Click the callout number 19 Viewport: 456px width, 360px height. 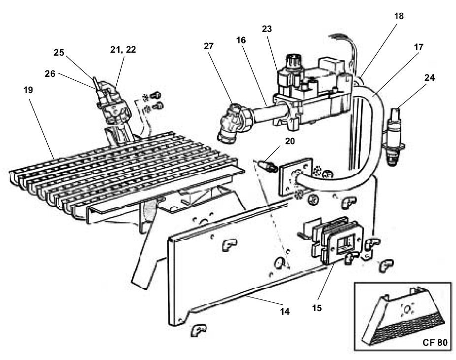coord(28,90)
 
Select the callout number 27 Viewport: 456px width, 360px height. coord(208,46)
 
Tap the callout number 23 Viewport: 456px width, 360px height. coord(267,29)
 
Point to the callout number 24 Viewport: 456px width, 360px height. coord(429,78)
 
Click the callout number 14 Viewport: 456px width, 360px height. coord(285,311)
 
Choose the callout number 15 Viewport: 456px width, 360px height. coord(317,308)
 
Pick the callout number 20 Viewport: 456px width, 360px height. coord(290,141)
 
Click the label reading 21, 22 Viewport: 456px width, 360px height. coord(123,50)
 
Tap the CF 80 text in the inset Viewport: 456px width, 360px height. coord(435,342)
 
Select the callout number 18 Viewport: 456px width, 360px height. coord(399,16)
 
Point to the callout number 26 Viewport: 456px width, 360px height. coord(50,73)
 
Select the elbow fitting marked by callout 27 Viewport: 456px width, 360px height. coord(233,125)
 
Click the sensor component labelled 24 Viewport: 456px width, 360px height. coord(394,137)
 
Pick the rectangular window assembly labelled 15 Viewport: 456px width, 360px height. coord(337,240)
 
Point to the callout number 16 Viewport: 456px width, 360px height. coord(241,40)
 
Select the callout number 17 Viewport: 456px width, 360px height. coord(418,47)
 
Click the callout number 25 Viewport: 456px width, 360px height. coord(59,52)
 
